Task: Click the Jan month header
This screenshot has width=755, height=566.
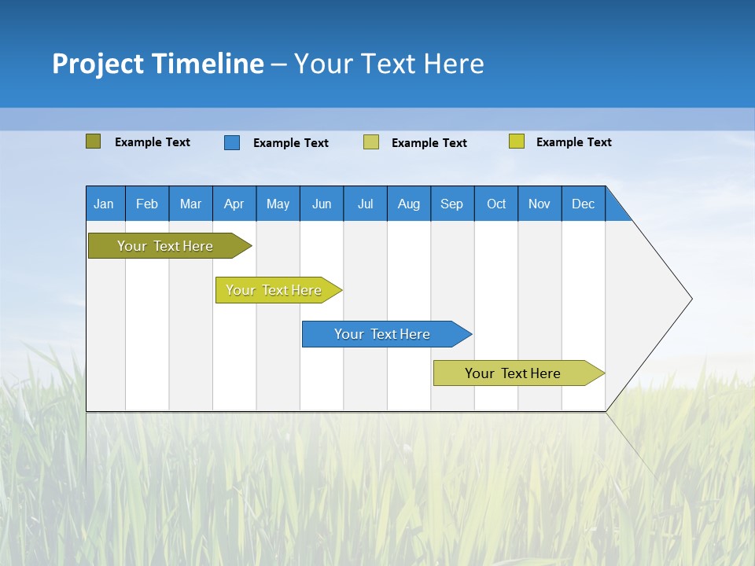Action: tap(105, 204)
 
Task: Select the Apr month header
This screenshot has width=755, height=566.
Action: tap(234, 204)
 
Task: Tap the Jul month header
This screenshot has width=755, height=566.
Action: tap(365, 204)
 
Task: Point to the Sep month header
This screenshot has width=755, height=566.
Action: tap(452, 204)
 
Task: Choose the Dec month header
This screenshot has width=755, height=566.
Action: tap(583, 204)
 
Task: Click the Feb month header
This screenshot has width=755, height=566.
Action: tap(147, 204)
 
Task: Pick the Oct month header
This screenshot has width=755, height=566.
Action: tap(496, 204)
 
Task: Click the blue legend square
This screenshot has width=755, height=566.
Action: tap(232, 142)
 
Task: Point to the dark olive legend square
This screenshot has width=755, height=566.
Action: tap(93, 141)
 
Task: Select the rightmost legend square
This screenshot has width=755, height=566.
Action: tap(517, 141)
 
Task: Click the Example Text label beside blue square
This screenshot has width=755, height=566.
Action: tap(290, 142)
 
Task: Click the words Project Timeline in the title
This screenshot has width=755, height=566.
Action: tap(157, 63)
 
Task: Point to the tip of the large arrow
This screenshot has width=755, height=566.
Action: tap(690, 299)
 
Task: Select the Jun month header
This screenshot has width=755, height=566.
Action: tap(322, 204)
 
